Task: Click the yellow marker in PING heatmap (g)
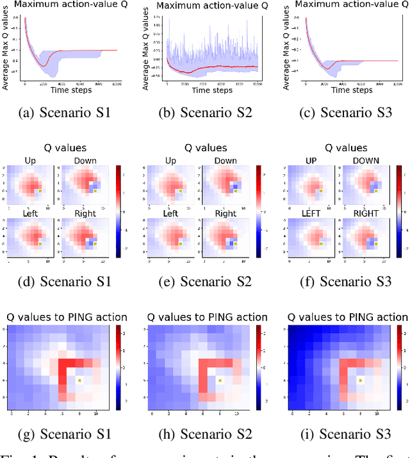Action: pyautogui.click(x=79, y=380)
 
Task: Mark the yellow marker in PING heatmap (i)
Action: pyautogui.click(x=360, y=380)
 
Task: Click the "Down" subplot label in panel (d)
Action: pyautogui.click(x=85, y=160)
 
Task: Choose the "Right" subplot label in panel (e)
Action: pyautogui.click(x=225, y=214)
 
